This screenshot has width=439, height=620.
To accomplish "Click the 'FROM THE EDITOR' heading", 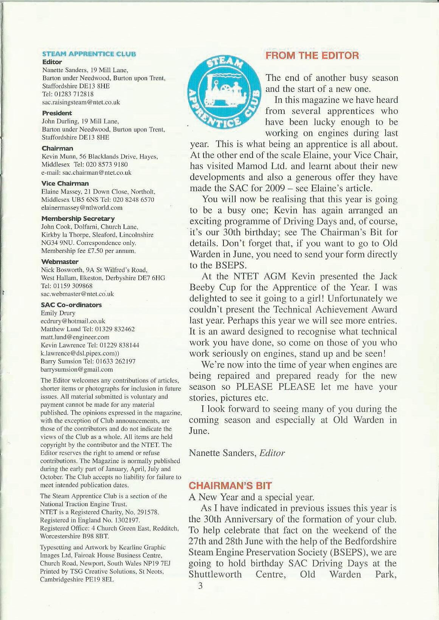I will pos(312,56).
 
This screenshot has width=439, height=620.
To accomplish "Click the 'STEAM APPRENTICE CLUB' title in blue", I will pos(89,54).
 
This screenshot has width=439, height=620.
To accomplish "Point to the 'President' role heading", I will pos(57,113).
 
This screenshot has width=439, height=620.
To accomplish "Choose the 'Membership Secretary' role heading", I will pos(78,219).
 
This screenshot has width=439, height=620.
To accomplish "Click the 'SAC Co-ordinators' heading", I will pos(71,305).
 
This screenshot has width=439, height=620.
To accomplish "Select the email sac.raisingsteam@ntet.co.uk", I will pos(81,102).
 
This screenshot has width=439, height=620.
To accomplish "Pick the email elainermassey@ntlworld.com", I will pos(82,208).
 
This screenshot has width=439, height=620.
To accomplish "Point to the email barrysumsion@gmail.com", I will pos(77,369).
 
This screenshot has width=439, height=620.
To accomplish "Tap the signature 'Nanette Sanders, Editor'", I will pos(237,453).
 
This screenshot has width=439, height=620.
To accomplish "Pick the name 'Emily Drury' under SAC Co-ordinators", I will pos(58,313).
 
